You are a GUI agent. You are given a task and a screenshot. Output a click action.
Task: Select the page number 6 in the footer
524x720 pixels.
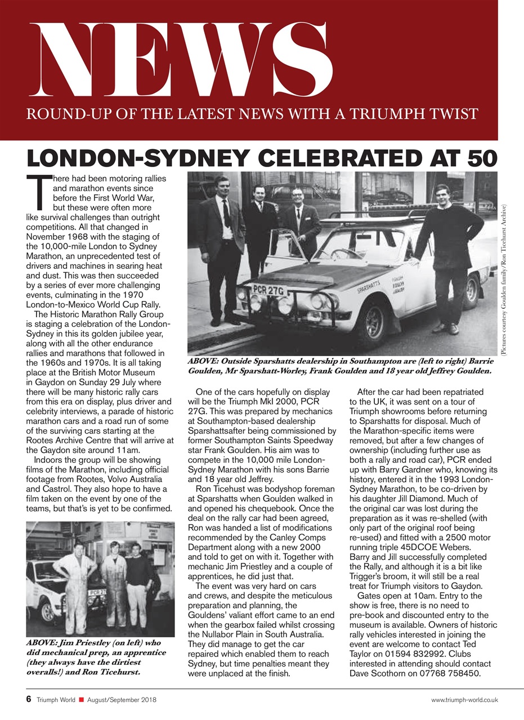pos(28,699)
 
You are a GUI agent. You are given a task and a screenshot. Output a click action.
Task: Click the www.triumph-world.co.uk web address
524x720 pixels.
pos(464,700)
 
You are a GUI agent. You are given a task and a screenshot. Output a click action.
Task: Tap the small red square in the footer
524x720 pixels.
pos(82,700)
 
